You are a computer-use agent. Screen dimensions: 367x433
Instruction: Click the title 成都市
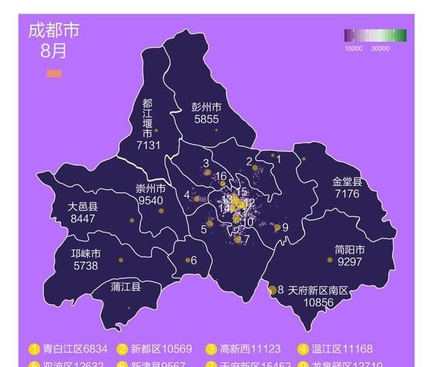click(x=53, y=31)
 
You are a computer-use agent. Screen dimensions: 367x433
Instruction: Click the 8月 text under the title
click(x=53, y=51)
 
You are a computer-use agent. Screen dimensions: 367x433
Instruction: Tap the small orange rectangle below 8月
click(x=53, y=73)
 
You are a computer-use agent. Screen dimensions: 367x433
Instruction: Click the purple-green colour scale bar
click(x=375, y=36)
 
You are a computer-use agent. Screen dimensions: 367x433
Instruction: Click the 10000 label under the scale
click(x=354, y=49)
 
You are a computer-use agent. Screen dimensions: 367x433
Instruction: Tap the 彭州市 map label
click(x=206, y=107)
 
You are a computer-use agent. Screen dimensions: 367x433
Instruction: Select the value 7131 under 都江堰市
click(x=148, y=145)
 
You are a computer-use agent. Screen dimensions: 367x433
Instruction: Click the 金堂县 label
click(x=347, y=182)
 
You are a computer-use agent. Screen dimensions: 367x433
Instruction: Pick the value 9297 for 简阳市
click(x=349, y=262)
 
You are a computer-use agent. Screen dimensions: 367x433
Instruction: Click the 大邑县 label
click(x=83, y=207)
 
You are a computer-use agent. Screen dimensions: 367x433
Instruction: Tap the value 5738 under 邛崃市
click(x=85, y=266)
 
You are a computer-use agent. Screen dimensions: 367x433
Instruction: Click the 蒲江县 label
click(x=126, y=287)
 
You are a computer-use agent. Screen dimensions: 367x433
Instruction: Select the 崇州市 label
click(x=150, y=189)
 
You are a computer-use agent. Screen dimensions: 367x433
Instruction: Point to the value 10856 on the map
click(x=319, y=303)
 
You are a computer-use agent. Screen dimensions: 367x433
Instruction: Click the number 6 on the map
click(x=193, y=261)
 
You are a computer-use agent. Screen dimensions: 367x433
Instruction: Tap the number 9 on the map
click(x=286, y=228)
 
